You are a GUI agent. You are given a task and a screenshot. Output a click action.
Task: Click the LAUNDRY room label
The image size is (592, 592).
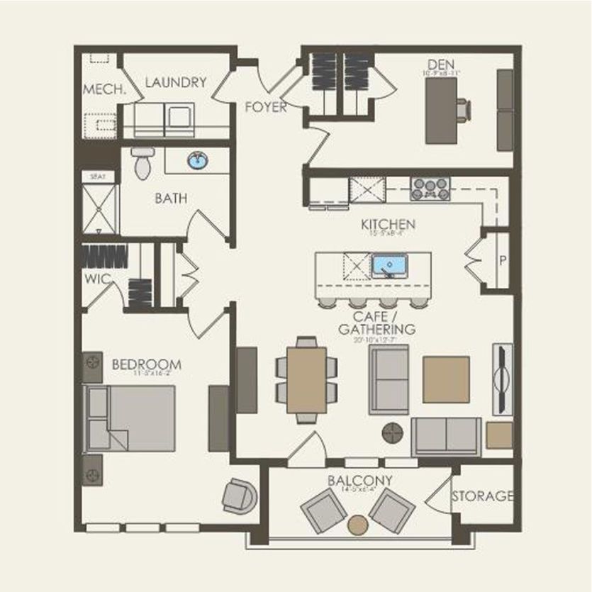(175, 82)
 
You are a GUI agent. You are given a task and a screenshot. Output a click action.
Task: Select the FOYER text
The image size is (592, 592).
(266, 108)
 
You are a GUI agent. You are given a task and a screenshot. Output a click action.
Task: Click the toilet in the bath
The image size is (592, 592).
(143, 162)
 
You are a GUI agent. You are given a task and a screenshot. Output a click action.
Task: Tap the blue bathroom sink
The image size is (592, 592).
(198, 162)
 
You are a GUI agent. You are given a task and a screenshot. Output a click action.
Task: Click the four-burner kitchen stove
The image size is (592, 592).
(430, 189)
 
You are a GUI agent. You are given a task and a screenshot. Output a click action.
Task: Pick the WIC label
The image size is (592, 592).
(97, 279)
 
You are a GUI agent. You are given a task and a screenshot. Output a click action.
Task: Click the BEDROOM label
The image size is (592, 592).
(146, 365)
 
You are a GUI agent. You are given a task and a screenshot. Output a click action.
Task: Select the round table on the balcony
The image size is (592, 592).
(358, 525)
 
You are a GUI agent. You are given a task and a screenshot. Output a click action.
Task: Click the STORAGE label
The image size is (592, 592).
(482, 496)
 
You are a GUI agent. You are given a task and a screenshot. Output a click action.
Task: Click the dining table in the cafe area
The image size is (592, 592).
(306, 380)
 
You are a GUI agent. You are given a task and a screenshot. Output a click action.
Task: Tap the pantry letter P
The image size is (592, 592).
(503, 260)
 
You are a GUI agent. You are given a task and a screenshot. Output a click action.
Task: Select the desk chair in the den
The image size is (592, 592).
(463, 111)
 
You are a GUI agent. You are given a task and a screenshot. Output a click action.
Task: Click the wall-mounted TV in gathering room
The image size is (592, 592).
(502, 379)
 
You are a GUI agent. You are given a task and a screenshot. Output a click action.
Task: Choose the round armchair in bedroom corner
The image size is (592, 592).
(239, 496)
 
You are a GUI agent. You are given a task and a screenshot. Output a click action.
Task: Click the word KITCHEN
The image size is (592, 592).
(388, 225)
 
